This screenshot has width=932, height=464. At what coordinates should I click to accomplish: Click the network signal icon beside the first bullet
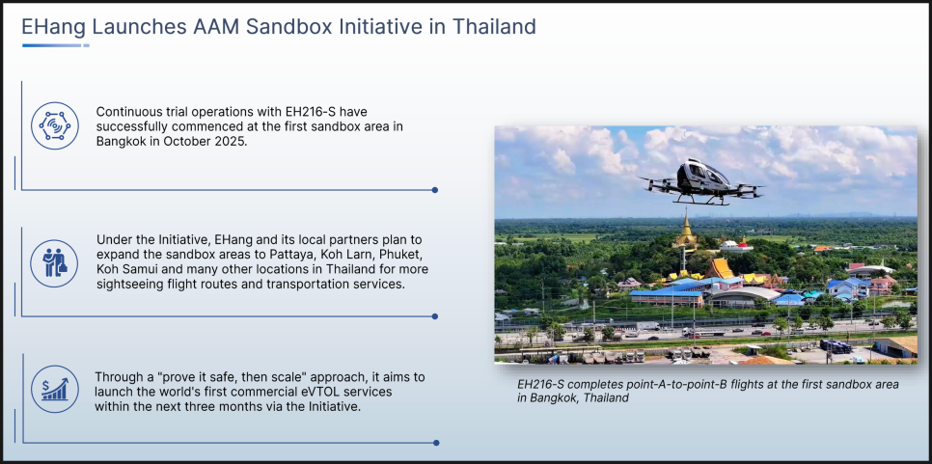coord(55,125)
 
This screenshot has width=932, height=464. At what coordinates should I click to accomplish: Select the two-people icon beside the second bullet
coord(55,263)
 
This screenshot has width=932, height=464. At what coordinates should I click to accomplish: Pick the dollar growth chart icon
coord(55,389)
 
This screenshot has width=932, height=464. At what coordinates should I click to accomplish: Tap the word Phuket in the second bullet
coord(406,255)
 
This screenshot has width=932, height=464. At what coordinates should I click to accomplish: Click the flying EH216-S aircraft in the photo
coord(701,181)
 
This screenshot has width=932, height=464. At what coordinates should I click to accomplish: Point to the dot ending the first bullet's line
coord(435,190)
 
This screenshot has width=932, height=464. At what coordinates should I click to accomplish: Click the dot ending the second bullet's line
coord(435,316)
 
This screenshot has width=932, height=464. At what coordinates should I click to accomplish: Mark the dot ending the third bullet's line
coord(436,443)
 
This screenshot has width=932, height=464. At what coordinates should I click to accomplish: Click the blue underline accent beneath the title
coord(56,45)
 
